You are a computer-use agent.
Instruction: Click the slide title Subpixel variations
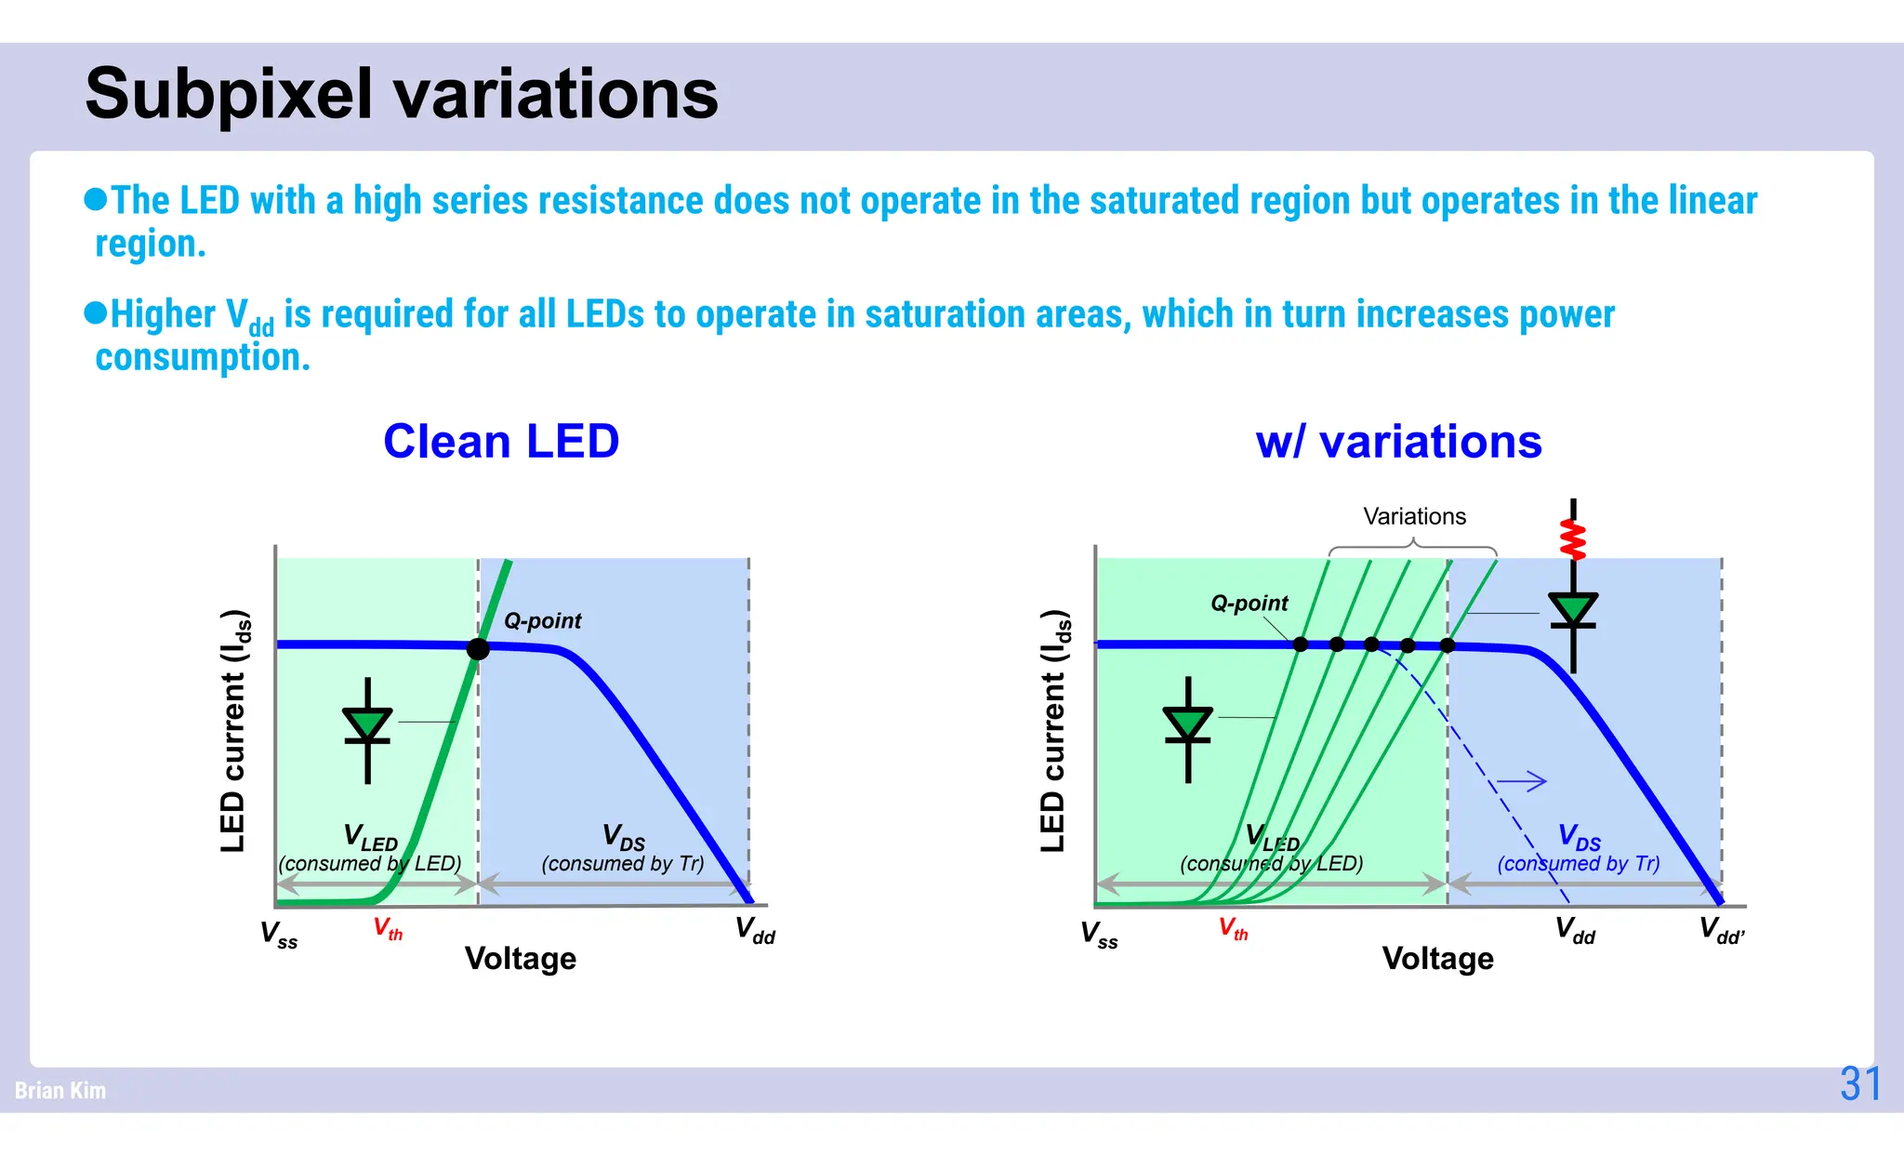(x=401, y=94)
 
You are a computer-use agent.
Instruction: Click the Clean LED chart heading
(x=501, y=441)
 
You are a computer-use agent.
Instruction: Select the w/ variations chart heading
(x=1398, y=441)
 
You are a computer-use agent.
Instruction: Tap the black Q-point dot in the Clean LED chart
(x=478, y=648)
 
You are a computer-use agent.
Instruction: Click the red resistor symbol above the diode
(x=1572, y=538)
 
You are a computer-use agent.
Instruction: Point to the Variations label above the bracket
(x=1414, y=516)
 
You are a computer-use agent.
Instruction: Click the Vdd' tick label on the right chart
(x=1721, y=930)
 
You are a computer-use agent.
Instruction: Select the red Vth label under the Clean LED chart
(x=388, y=928)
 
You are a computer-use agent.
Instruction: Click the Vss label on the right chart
(x=1099, y=933)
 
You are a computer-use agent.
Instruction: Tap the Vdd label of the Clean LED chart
(x=754, y=930)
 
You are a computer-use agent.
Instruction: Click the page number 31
(x=1860, y=1083)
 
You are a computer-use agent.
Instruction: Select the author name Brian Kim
(x=60, y=1090)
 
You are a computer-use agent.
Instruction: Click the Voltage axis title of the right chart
(x=1437, y=958)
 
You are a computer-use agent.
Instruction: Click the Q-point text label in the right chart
(x=1249, y=603)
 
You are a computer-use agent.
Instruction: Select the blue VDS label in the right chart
(x=1579, y=837)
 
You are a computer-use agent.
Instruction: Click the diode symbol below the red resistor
(x=1572, y=613)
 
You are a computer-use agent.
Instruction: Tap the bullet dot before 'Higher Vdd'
(x=95, y=312)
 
